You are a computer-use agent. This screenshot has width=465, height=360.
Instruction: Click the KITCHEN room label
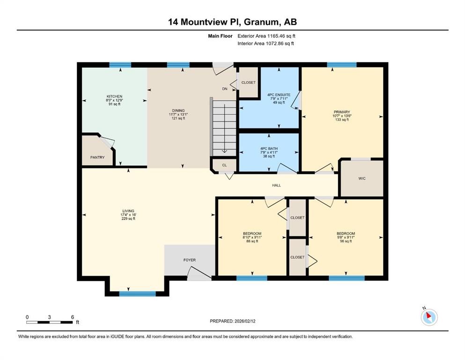click(114, 97)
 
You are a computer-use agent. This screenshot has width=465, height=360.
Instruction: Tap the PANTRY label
click(97, 157)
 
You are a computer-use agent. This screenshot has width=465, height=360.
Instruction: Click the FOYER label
click(189, 260)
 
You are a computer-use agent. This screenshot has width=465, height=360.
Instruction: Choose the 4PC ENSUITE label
click(279, 95)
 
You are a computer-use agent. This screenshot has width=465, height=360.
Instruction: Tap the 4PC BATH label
click(269, 149)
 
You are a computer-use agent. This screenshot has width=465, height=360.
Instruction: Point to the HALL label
click(276, 186)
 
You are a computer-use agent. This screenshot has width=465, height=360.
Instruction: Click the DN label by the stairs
click(224, 89)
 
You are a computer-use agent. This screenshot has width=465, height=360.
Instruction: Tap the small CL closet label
click(224, 165)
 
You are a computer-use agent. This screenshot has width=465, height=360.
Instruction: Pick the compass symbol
click(429, 317)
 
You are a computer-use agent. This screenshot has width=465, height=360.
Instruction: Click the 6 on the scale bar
click(72, 317)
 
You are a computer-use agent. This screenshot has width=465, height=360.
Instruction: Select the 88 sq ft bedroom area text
click(252, 241)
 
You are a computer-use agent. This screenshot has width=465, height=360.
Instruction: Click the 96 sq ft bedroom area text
click(346, 241)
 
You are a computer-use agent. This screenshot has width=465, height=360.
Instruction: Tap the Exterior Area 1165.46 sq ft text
click(266, 36)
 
